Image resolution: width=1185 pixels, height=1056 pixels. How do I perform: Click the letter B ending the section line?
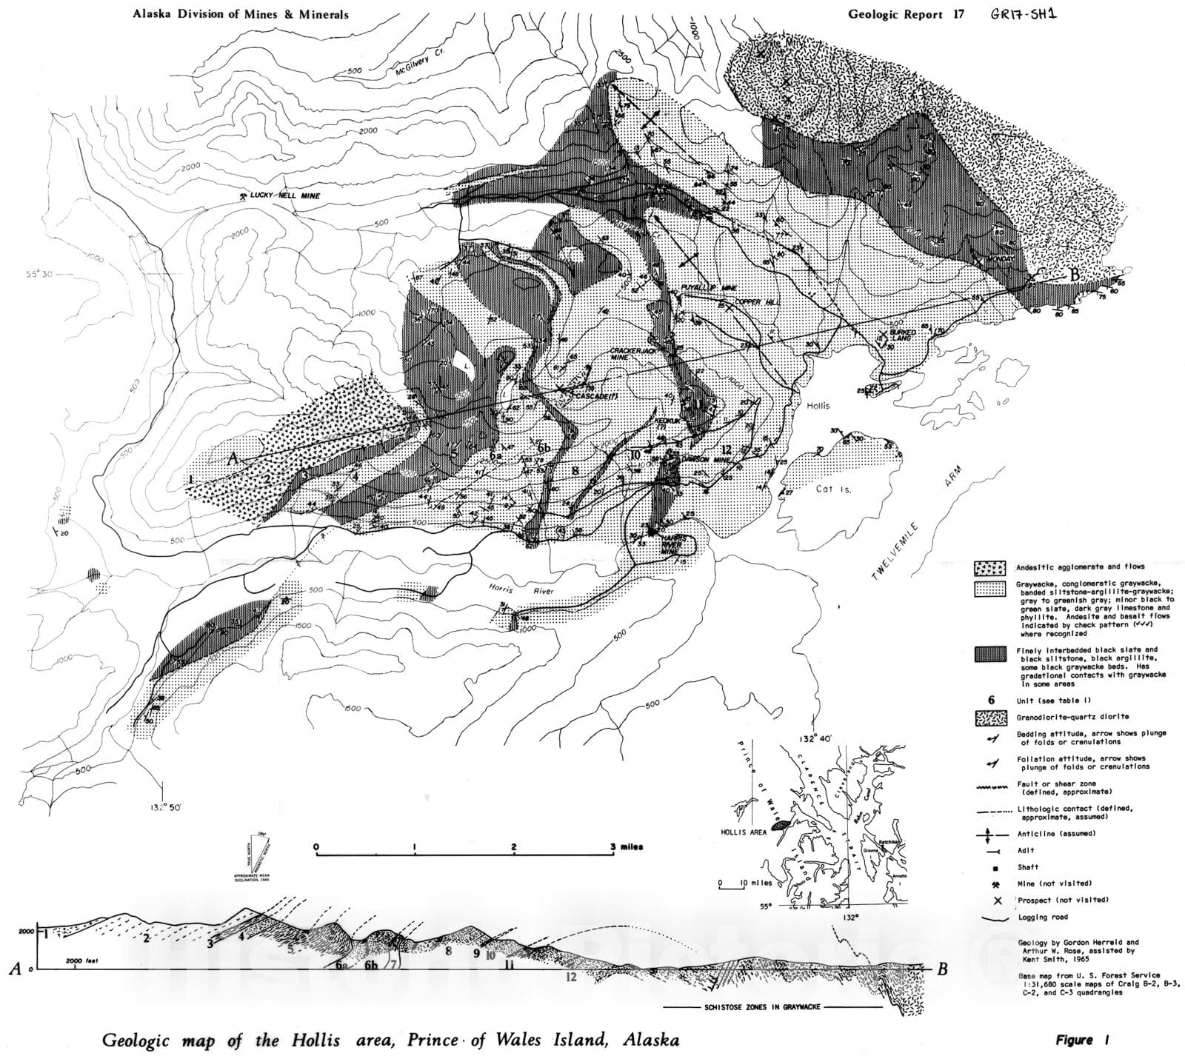1075,273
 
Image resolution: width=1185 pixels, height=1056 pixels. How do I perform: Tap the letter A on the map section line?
232,459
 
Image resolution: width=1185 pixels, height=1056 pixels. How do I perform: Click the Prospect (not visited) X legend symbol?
997,900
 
